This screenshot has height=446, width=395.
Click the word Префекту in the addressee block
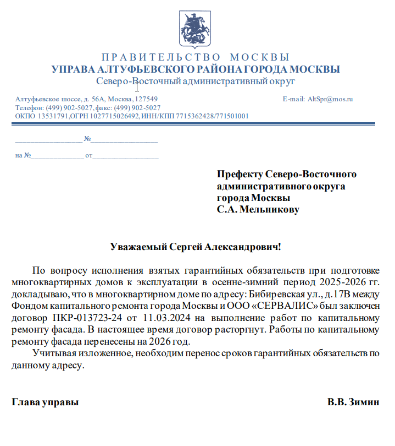point(240,175)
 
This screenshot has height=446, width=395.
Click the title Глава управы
point(46,402)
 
